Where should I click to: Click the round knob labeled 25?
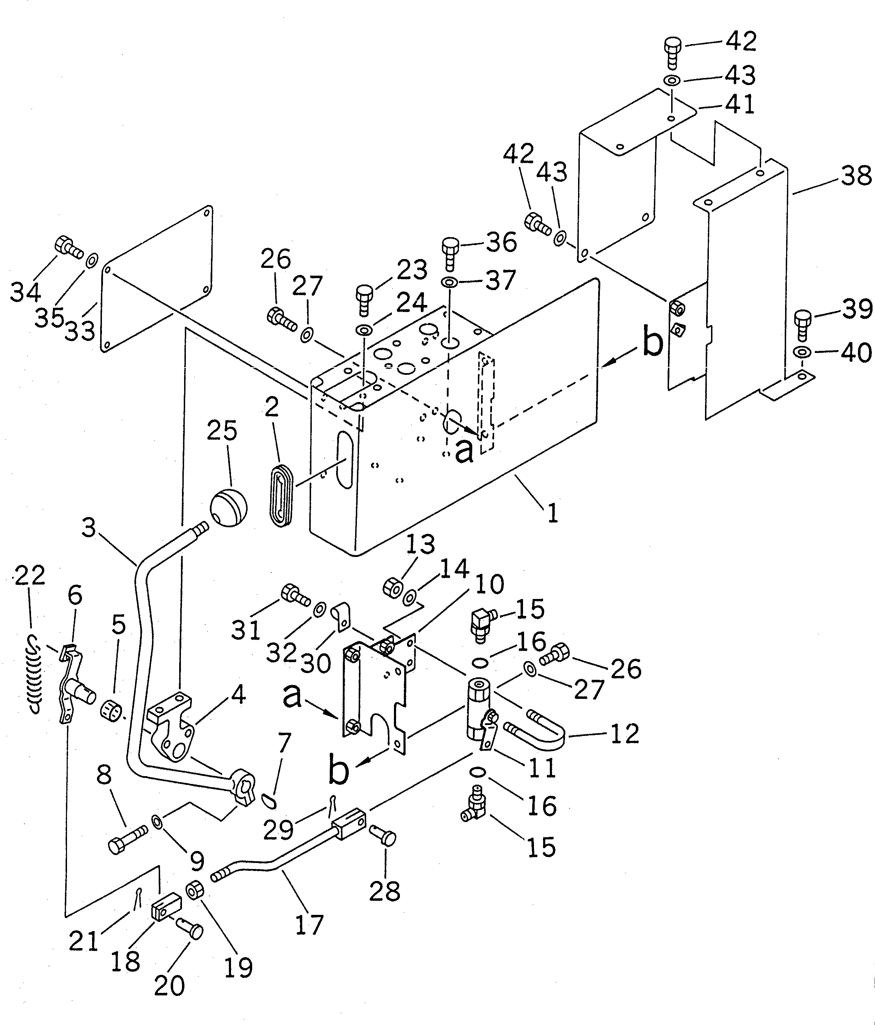pos(229,505)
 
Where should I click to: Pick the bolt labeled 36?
pos(450,252)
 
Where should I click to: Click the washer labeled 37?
pos(449,282)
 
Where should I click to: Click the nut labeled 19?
pos(193,891)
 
